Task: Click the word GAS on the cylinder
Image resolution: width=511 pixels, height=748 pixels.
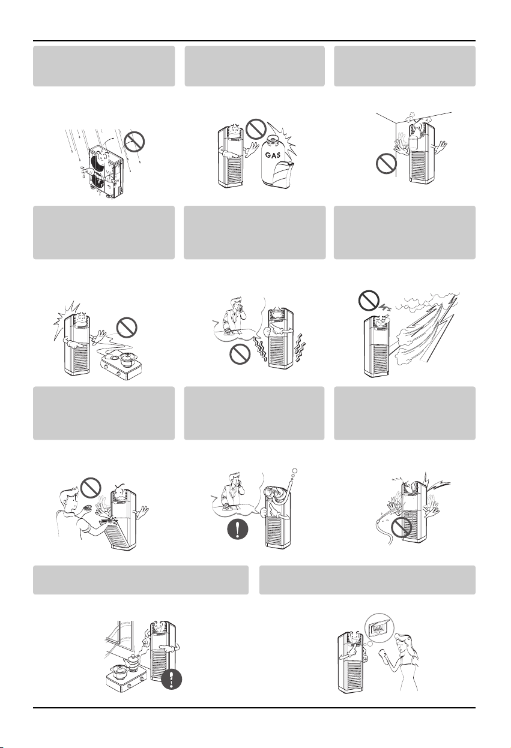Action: tap(273, 155)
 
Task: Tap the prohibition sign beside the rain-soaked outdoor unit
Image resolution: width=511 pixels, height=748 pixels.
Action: tap(135, 142)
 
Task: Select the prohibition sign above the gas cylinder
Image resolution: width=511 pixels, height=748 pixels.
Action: tap(256, 129)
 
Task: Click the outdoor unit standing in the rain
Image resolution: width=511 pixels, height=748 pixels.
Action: tap(104, 173)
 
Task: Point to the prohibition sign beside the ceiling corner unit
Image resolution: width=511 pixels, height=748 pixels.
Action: tap(386, 164)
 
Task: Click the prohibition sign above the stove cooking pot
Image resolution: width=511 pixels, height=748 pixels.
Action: tap(127, 328)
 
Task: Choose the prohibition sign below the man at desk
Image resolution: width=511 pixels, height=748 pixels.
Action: tap(240, 354)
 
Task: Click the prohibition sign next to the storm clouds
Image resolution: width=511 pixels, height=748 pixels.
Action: tap(369, 301)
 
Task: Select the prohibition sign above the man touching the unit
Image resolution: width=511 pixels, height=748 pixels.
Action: tap(91, 488)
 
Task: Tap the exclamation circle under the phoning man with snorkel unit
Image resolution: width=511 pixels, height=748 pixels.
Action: tap(238, 529)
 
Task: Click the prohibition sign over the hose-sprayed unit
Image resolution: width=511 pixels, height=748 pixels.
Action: tap(401, 528)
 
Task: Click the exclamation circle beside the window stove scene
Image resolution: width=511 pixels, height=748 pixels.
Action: tap(172, 678)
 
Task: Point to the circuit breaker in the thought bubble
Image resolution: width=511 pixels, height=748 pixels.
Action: tap(379, 628)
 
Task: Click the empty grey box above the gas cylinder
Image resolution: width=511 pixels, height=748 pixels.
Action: tap(255, 66)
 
